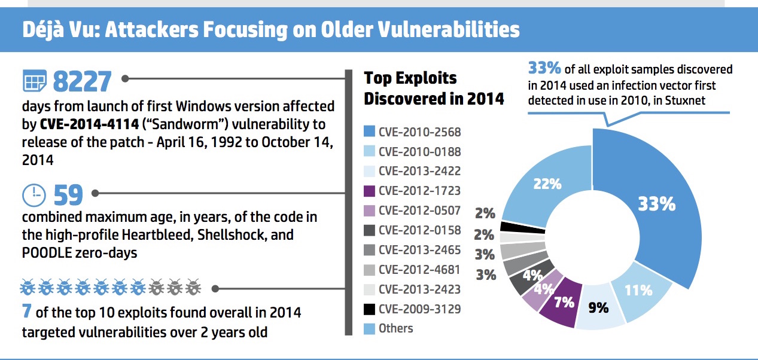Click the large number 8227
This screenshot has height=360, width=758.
(82, 81)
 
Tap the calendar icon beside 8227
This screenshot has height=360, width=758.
(34, 81)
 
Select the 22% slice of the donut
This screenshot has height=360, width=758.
(547, 184)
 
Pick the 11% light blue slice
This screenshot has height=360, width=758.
(638, 291)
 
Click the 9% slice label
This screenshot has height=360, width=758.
(598, 307)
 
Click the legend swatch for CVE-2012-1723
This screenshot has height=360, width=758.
(369, 190)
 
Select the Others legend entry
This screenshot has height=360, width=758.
(395, 328)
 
